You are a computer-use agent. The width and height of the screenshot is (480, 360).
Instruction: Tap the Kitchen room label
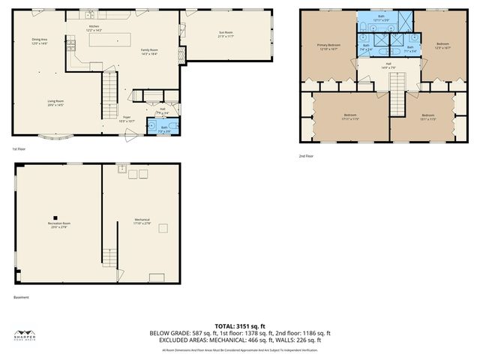(x=94, y=28)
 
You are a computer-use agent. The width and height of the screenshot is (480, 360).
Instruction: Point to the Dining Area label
(x=40, y=40)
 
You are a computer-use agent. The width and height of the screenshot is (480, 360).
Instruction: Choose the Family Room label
(x=149, y=52)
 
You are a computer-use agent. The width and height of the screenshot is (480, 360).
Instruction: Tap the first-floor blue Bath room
(x=163, y=129)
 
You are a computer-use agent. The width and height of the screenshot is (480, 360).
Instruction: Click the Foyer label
(x=127, y=118)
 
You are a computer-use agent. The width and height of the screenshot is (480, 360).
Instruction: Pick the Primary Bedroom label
(x=329, y=46)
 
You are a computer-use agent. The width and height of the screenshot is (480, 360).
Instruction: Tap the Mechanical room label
(x=142, y=221)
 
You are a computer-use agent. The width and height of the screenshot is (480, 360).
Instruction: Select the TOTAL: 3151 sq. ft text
(x=239, y=325)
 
